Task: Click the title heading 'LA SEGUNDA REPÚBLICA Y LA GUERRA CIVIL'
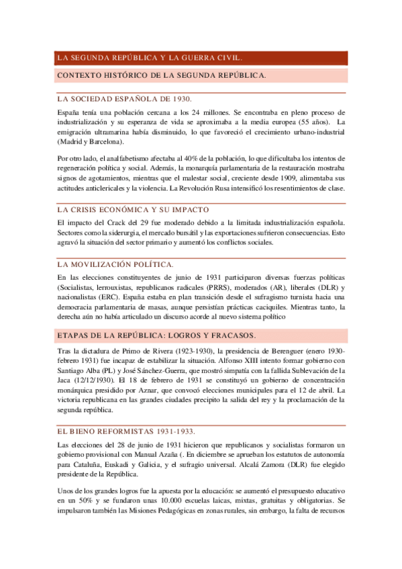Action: (150, 58)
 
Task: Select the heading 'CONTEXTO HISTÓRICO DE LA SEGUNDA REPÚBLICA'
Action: (162, 75)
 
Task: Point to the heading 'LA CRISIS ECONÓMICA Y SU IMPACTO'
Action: (134, 210)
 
